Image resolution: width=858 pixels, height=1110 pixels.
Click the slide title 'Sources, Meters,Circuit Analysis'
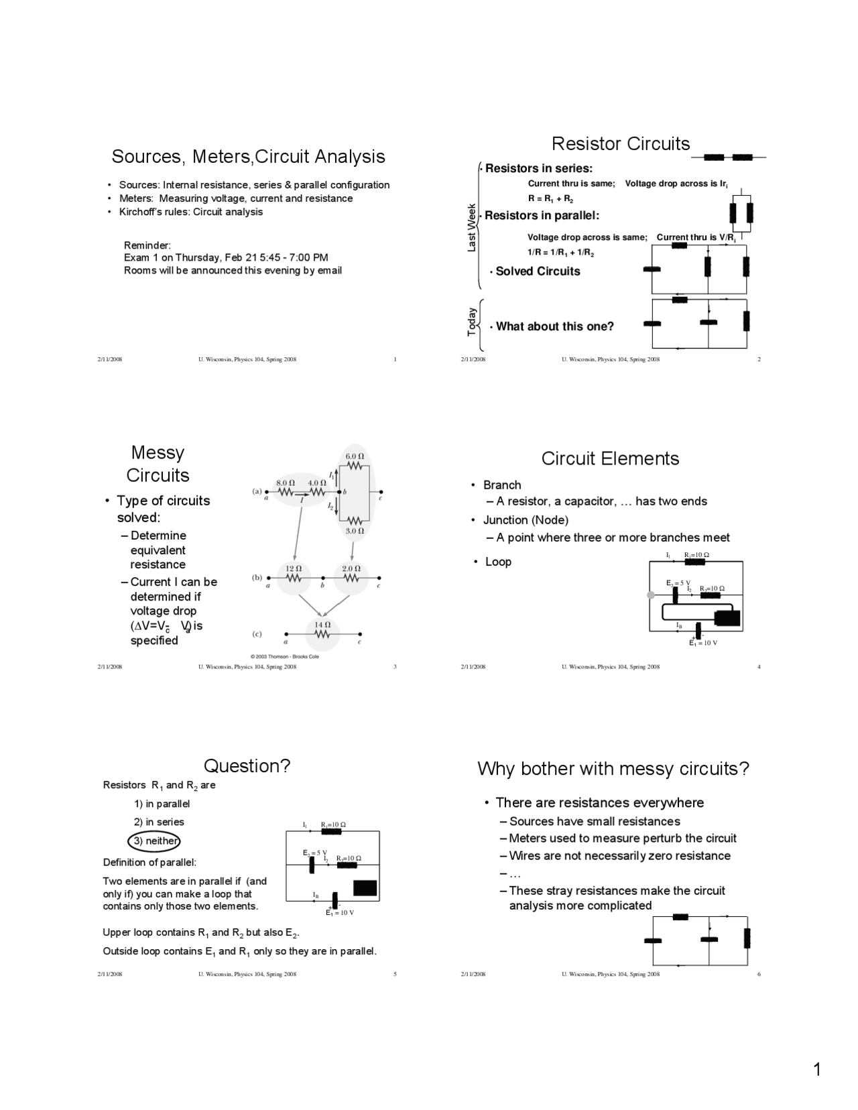click(248, 157)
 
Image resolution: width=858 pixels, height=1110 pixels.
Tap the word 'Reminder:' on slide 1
click(147, 245)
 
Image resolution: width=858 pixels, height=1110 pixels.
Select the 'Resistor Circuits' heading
click(620, 144)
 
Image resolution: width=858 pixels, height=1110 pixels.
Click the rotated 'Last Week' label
click(472, 228)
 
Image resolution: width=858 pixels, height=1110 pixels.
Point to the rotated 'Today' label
click(472, 322)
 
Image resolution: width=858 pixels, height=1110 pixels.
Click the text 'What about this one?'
click(554, 326)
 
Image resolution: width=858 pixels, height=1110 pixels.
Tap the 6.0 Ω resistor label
click(355, 456)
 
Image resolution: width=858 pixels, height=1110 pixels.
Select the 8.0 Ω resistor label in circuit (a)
click(286, 483)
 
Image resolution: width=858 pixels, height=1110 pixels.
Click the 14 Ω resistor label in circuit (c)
click(322, 625)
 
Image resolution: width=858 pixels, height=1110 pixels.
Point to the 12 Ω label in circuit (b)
click(294, 568)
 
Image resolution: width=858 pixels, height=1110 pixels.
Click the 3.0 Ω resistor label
click(355, 531)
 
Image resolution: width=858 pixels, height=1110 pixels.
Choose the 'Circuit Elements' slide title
click(610, 458)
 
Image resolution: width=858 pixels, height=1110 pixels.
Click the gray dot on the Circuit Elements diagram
click(650, 595)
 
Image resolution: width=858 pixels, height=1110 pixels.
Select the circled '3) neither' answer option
click(155, 841)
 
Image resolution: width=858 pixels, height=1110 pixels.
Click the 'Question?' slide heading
click(247, 766)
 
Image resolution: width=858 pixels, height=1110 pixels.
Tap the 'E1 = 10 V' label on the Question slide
click(340, 913)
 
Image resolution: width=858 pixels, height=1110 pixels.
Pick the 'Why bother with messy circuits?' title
click(613, 769)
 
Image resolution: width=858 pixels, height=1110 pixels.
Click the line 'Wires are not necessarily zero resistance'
click(619, 856)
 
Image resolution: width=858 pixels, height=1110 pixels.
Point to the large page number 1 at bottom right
click(816, 1070)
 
